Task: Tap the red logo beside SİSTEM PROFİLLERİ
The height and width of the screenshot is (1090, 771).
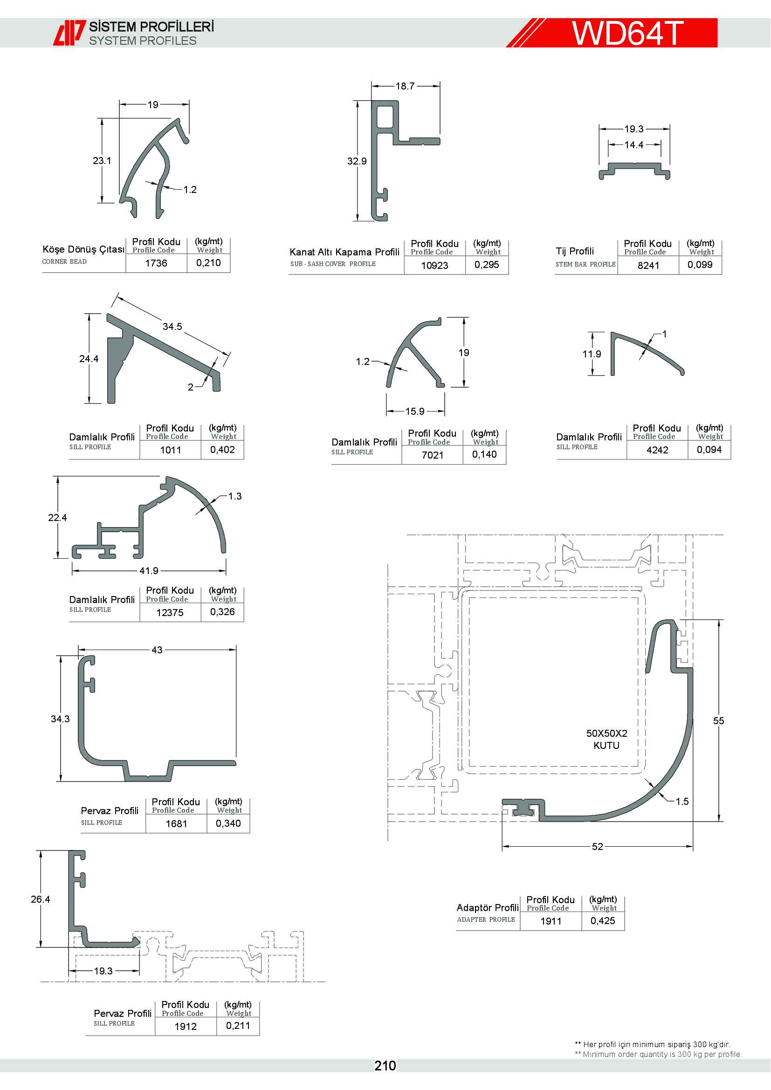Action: click(69, 33)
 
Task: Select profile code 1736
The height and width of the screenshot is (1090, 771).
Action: click(156, 263)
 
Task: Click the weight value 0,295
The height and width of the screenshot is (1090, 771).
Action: click(487, 265)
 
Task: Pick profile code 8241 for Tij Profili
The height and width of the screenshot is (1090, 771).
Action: click(648, 266)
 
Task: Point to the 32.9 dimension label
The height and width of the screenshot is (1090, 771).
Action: click(357, 161)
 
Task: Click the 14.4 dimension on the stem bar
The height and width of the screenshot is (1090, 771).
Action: click(634, 145)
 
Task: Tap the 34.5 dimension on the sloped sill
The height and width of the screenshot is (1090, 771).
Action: click(172, 327)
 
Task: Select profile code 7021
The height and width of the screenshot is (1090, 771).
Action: click(433, 455)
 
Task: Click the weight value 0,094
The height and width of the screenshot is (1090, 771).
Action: click(709, 450)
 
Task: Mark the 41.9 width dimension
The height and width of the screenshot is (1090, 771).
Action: click(149, 571)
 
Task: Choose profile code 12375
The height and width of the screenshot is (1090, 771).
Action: click(170, 613)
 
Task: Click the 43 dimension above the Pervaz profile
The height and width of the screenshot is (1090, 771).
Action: click(157, 650)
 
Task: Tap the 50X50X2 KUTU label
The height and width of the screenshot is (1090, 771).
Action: click(607, 739)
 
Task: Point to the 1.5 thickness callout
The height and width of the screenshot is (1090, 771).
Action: click(682, 802)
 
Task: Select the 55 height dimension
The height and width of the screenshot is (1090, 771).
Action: click(718, 720)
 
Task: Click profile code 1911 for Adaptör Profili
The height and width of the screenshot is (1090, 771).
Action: click(551, 921)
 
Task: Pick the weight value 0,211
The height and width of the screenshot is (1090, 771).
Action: click(238, 1025)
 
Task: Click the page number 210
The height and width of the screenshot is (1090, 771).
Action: click(385, 1066)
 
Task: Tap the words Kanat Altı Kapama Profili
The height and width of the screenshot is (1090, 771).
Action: click(344, 252)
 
